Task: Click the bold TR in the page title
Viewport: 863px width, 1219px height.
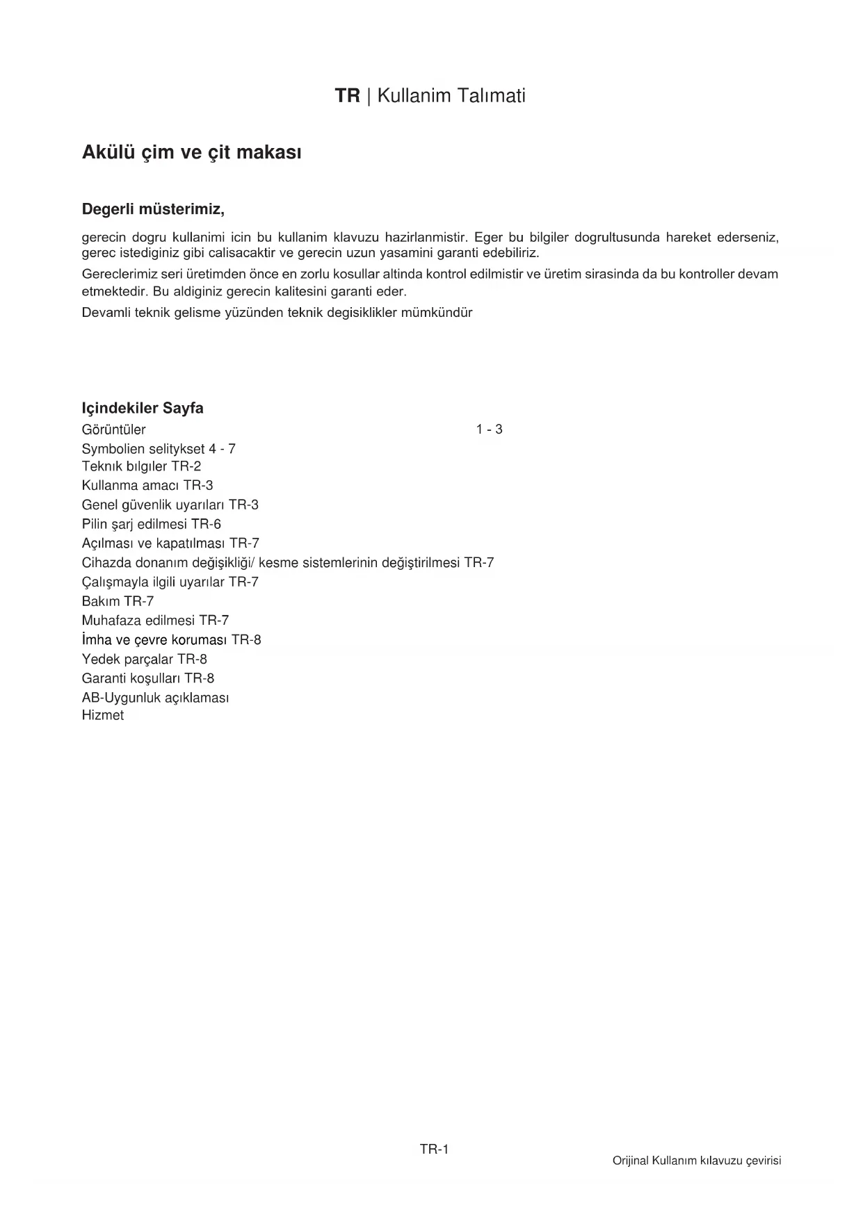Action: tap(347, 96)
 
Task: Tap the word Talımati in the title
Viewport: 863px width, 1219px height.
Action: tap(491, 96)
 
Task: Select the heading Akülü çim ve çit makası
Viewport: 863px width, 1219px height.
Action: tap(191, 152)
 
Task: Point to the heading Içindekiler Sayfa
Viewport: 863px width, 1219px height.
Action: tap(143, 408)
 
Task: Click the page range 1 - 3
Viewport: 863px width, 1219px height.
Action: tap(489, 429)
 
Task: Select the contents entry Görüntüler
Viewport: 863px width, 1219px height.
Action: tap(113, 429)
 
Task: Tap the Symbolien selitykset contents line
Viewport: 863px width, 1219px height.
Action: tap(159, 449)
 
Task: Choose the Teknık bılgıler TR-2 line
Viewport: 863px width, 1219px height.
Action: tap(141, 466)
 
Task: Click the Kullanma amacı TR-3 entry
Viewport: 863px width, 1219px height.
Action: tap(147, 485)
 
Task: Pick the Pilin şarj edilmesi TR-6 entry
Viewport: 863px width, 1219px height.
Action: tap(151, 524)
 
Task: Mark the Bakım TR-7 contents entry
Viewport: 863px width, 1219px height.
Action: tap(118, 601)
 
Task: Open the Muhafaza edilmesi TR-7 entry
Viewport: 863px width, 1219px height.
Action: tap(155, 620)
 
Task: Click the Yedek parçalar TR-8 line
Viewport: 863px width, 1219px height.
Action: tap(144, 659)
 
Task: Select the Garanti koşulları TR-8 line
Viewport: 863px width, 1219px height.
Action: tap(147, 678)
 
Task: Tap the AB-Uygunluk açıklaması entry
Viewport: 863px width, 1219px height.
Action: tap(155, 697)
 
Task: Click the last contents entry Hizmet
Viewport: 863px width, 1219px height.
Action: tap(102, 715)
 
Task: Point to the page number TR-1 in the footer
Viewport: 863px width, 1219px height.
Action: tap(434, 1150)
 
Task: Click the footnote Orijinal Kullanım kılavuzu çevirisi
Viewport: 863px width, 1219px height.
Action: tap(697, 1161)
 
